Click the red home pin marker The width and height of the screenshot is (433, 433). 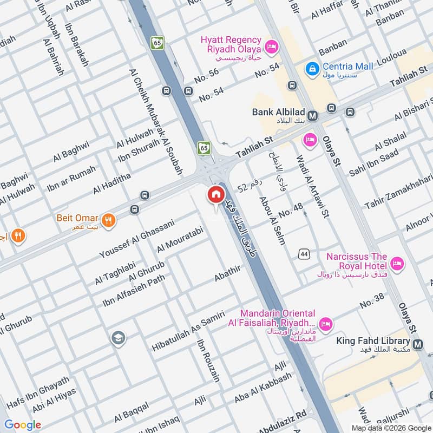(x=215, y=194)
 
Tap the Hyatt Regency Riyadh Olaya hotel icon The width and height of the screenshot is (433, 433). (x=272, y=47)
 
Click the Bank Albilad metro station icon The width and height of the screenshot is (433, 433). (x=312, y=115)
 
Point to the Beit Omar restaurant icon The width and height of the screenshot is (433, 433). (x=109, y=220)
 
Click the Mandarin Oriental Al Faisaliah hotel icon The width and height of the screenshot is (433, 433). (x=325, y=324)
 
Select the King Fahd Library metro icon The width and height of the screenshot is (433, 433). (x=418, y=344)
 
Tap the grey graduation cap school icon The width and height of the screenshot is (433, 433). (x=117, y=339)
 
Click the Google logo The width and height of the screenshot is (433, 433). (x=23, y=425)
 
